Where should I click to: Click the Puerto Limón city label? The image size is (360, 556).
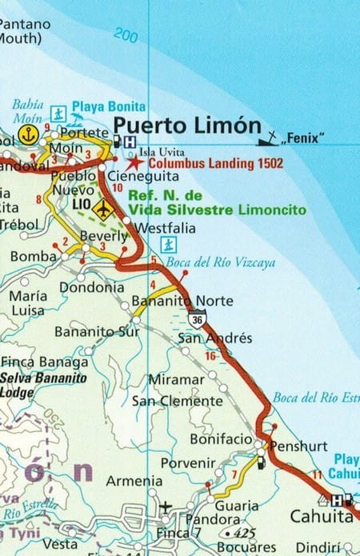click(187, 126)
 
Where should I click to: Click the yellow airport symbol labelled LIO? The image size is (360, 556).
click(103, 209)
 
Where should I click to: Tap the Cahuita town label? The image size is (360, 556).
click(321, 518)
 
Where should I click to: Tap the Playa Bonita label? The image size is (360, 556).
click(109, 106)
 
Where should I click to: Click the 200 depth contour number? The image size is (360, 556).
click(126, 34)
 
